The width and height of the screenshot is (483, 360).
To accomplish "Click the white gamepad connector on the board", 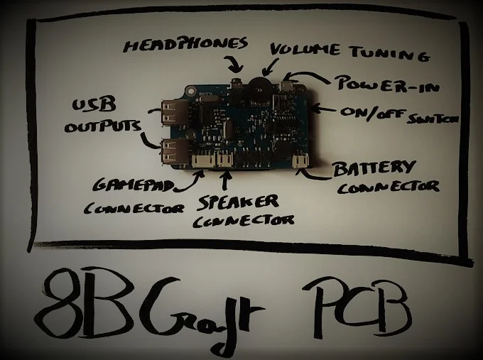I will pos(200,161).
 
